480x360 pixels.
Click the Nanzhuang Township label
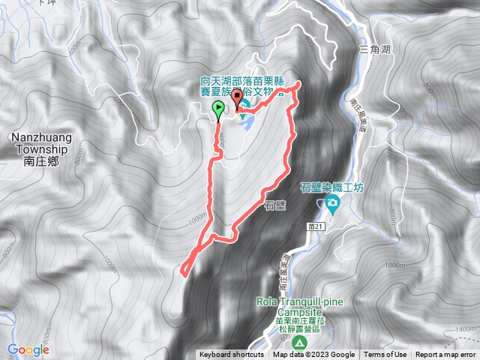coord(40,143)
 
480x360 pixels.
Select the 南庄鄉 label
coord(40,160)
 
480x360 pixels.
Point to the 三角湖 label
coord(375,49)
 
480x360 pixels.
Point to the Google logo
coord(28,349)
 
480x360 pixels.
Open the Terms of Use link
coord(385,355)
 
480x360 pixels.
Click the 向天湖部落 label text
coord(226,81)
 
